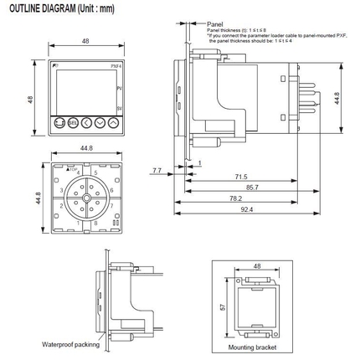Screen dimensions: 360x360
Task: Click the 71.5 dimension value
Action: [x=241, y=177]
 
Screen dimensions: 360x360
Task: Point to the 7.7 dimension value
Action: [x=157, y=170]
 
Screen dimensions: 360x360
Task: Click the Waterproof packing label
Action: [x=70, y=344]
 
